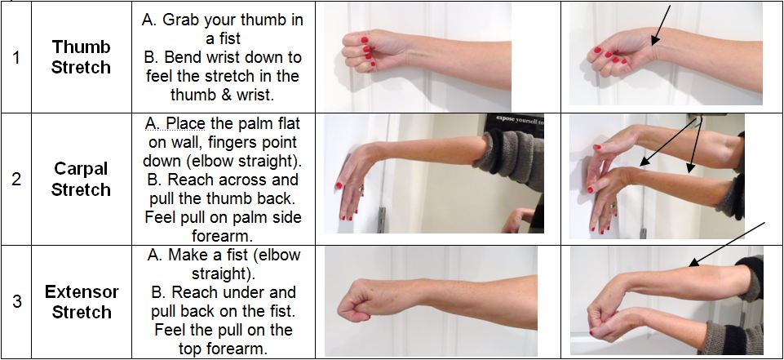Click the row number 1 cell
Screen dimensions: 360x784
[16, 56]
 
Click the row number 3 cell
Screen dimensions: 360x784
[16, 301]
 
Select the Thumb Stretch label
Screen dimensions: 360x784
[81, 56]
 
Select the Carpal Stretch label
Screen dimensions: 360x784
[81, 179]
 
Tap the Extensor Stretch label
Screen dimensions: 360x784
[81, 301]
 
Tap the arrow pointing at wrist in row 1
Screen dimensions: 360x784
[661, 24]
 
